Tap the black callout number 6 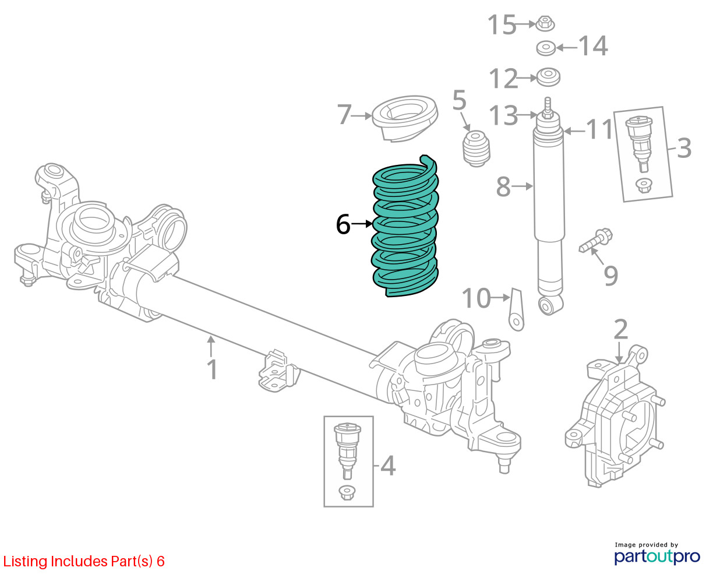tap(343, 224)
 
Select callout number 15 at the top tap(502, 25)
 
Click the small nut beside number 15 tap(545, 24)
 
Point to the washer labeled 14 tap(546, 48)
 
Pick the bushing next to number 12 tap(548, 77)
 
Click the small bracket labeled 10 tap(516, 309)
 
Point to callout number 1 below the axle tap(212, 370)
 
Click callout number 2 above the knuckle tap(620, 329)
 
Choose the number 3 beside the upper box tap(683, 148)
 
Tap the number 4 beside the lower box tap(388, 466)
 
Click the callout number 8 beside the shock tap(503, 187)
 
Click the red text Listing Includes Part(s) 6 tap(84, 561)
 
